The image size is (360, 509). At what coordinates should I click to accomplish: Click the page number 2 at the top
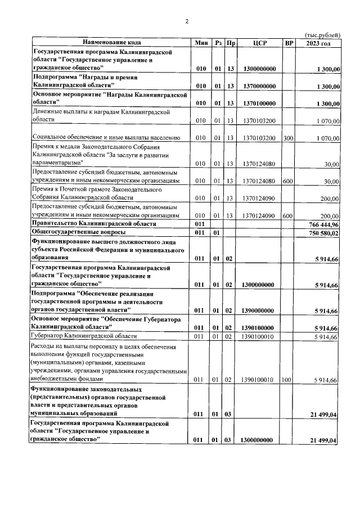[x=187, y=21]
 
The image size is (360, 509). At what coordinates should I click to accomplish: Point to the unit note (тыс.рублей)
[x=322, y=35]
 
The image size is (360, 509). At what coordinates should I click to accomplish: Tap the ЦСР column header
[x=259, y=43]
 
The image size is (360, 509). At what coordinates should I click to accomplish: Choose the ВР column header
[x=289, y=43]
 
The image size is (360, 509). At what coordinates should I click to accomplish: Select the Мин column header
[x=201, y=43]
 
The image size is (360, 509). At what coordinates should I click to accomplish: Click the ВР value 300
[x=288, y=138]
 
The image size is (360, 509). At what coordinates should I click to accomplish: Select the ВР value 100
[x=288, y=380]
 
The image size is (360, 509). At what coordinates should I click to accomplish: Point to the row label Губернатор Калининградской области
[x=84, y=336]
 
